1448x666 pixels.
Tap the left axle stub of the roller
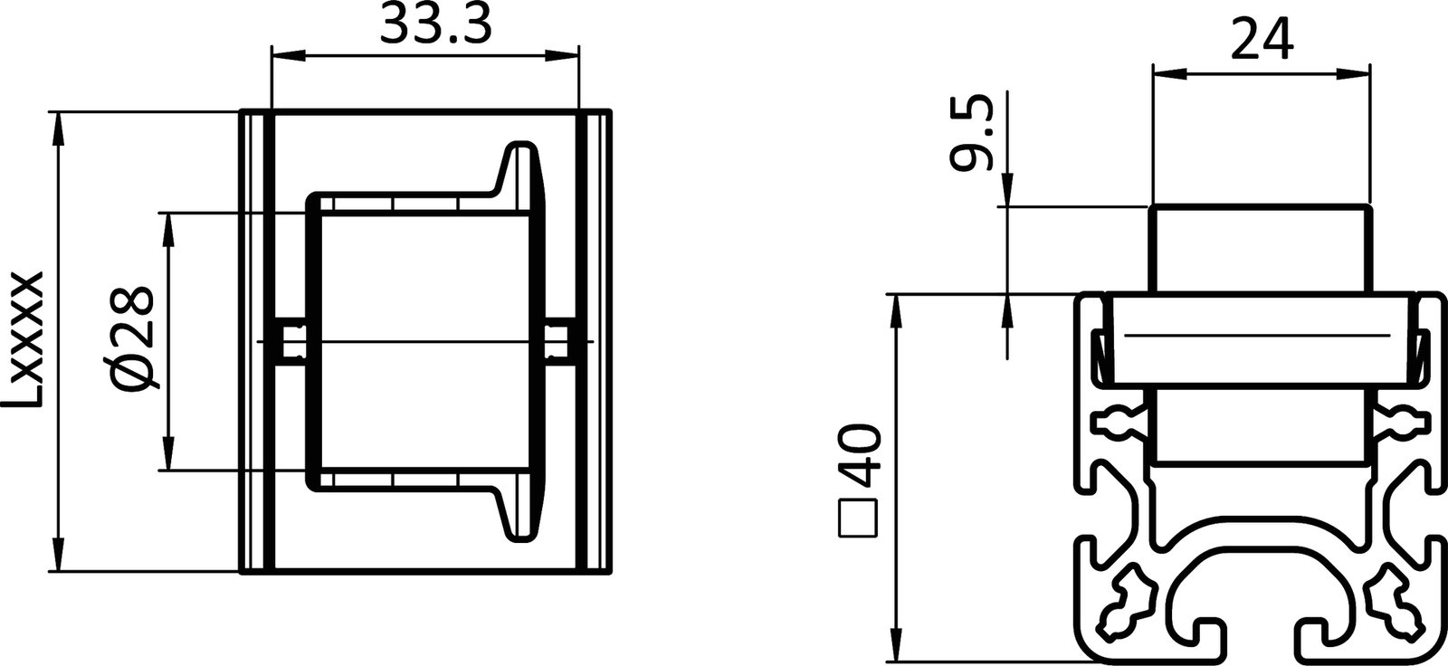tap(292, 342)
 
